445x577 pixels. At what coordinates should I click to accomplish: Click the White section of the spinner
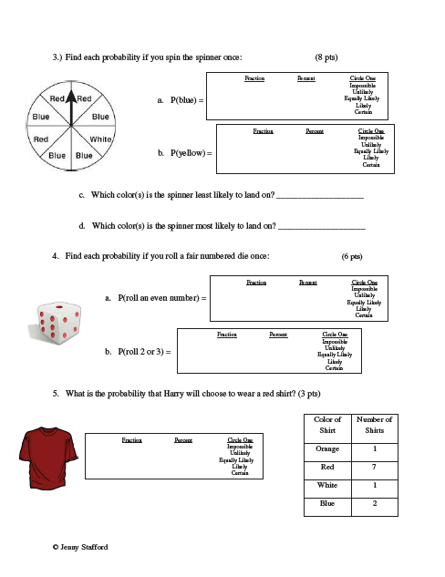[x=100, y=139]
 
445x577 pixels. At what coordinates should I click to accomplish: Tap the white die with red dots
[x=59, y=325]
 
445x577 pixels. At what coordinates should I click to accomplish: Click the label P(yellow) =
[x=185, y=153]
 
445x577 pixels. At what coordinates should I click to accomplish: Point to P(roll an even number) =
[x=156, y=298]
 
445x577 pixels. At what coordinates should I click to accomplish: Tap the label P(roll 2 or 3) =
[x=139, y=351]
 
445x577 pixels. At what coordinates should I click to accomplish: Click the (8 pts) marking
[x=330, y=57]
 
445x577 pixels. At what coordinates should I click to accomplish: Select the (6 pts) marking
[x=351, y=257]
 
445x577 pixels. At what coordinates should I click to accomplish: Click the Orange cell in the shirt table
[x=327, y=448]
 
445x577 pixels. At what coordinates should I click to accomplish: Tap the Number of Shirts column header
[x=375, y=426]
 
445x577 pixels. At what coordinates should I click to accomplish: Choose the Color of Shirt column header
[x=327, y=426]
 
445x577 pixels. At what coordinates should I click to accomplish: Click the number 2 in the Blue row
[x=375, y=502]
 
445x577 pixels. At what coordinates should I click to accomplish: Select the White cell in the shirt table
[x=327, y=485]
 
